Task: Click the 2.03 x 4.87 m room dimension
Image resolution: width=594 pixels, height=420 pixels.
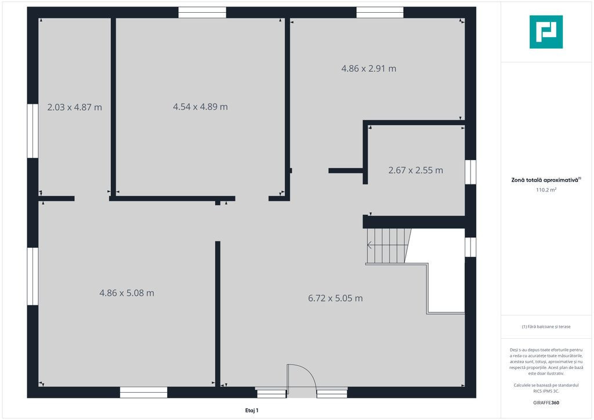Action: click(75, 107)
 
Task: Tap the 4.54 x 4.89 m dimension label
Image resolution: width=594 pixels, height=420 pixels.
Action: click(200, 107)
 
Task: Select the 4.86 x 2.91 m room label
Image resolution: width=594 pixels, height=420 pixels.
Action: click(368, 68)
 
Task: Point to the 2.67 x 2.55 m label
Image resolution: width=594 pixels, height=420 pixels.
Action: click(415, 171)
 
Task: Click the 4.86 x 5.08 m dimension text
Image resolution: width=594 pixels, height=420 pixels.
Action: click(126, 293)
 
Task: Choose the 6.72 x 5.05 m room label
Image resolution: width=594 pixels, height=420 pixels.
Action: click(335, 298)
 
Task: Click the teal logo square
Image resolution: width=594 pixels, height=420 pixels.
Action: click(546, 32)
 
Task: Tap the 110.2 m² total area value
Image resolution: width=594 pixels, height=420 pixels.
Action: click(546, 190)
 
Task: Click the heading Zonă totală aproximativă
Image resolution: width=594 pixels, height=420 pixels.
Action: click(545, 180)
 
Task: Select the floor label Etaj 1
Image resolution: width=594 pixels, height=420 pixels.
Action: click(252, 410)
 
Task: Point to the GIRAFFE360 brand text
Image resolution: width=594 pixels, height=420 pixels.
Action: click(546, 403)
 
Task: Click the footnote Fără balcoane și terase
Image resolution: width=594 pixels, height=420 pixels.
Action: click(546, 327)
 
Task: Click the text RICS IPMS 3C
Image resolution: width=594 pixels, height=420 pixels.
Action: click(546, 391)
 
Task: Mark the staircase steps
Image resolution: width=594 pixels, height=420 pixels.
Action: click(388, 246)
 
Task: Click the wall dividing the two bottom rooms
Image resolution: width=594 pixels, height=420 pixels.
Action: click(218, 314)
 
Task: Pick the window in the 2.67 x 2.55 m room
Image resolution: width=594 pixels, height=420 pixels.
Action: click(470, 172)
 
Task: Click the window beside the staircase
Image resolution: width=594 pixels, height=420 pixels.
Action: click(470, 247)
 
